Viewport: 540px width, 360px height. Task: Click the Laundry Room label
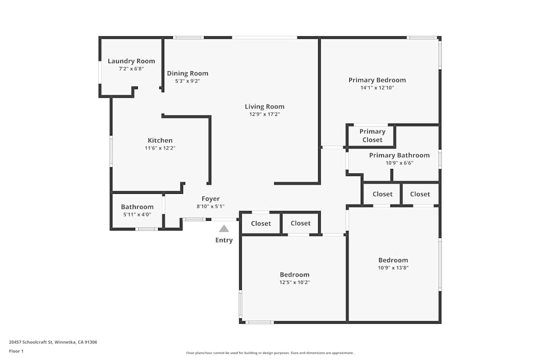click(131, 61)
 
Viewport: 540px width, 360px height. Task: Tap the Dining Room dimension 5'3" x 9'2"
click(187, 81)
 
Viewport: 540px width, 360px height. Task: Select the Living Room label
click(265, 106)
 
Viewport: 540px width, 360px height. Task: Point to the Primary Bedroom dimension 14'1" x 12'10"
click(377, 87)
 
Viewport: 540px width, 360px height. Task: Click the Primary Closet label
click(373, 135)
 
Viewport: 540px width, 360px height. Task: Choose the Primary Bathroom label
click(400, 155)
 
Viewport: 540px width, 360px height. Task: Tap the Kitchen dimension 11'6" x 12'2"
click(160, 148)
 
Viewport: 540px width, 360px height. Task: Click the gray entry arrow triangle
click(224, 229)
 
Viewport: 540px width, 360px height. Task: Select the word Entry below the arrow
click(224, 240)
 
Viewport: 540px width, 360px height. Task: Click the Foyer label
click(211, 199)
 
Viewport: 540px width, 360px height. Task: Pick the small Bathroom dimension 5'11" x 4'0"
click(137, 214)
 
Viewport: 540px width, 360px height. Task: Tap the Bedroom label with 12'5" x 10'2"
click(295, 275)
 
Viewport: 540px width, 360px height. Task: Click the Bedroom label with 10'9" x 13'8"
click(393, 260)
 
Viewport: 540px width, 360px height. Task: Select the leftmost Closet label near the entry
click(261, 223)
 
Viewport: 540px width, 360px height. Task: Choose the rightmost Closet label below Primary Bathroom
click(420, 194)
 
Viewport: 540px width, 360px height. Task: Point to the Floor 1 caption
click(16, 351)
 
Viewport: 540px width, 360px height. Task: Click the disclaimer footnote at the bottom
click(269, 353)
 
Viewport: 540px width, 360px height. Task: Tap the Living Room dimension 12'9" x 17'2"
click(265, 114)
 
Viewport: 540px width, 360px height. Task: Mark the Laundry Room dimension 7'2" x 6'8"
click(131, 69)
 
